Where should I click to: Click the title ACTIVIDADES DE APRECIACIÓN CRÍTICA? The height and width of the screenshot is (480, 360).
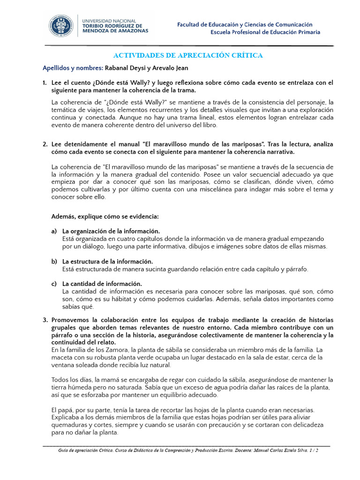189,56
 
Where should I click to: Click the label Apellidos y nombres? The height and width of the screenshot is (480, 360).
72,67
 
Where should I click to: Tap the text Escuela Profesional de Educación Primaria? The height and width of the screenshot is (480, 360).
265,32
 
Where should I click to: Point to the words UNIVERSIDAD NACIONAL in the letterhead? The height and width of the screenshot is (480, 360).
109,21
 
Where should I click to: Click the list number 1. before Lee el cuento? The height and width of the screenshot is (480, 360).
45,83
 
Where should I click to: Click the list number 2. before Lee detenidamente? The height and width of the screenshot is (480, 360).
45,144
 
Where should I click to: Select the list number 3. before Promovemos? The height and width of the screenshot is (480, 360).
45,320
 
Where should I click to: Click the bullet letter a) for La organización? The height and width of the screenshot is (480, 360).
54,232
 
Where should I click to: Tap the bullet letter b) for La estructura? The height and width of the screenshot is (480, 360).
54,262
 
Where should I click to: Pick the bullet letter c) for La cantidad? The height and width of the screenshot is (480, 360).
54,284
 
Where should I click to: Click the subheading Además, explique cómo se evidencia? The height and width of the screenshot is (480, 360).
105,217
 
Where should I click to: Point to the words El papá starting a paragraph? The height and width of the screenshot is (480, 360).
62,410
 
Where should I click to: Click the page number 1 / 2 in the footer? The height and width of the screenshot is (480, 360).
314,450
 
